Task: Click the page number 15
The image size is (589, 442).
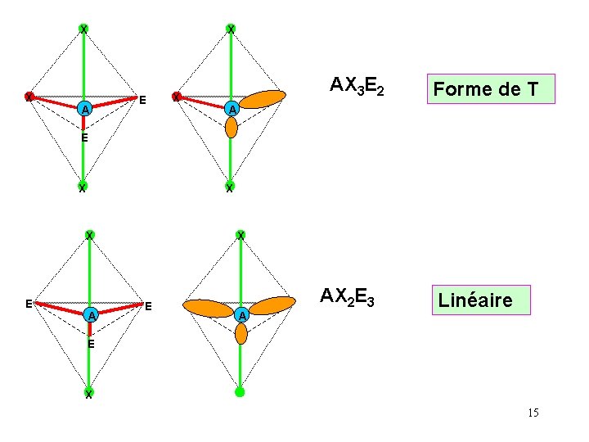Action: click(533, 413)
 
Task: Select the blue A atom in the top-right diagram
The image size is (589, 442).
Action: click(232, 109)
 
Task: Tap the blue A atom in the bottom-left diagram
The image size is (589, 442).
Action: click(92, 315)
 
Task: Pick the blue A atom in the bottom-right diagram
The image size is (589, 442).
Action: click(241, 315)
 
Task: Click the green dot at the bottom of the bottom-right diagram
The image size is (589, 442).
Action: click(240, 392)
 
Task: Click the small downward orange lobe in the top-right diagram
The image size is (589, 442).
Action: click(232, 127)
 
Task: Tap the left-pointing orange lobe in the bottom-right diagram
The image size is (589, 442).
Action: click(208, 308)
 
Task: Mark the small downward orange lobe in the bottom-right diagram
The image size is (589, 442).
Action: click(241, 333)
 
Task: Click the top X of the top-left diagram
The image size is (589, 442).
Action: click(83, 29)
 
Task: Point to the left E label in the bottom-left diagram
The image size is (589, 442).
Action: click(29, 304)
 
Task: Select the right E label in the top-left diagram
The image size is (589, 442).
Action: click(142, 101)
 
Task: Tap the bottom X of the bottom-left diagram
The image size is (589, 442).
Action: click(88, 397)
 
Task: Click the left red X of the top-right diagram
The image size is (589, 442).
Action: click(176, 97)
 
